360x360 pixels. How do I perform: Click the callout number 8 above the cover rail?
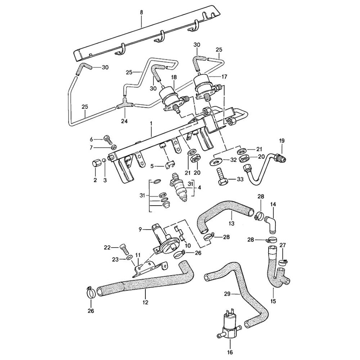pos(141,12)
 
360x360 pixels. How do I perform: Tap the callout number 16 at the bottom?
pos(230,352)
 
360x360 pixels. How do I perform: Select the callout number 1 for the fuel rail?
pos(151,123)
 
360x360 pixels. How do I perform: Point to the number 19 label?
pos(282,140)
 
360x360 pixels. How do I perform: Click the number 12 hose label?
pos(145,302)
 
